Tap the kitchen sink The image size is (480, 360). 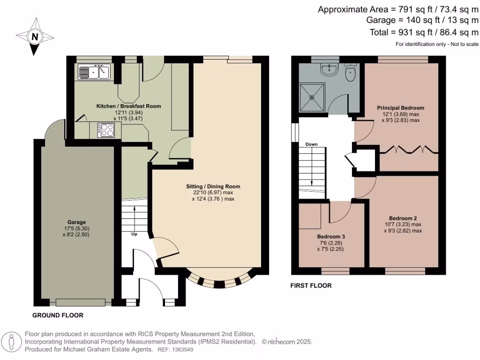(x=94, y=72)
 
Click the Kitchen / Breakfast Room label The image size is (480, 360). (x=128, y=106)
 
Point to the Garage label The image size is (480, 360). (x=76, y=222)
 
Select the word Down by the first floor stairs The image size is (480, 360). (x=312, y=144)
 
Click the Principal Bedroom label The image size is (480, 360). (x=400, y=108)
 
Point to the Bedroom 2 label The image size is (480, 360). (x=403, y=218)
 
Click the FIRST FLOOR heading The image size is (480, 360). (x=311, y=285)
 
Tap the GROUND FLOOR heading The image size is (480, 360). (x=58, y=315)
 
